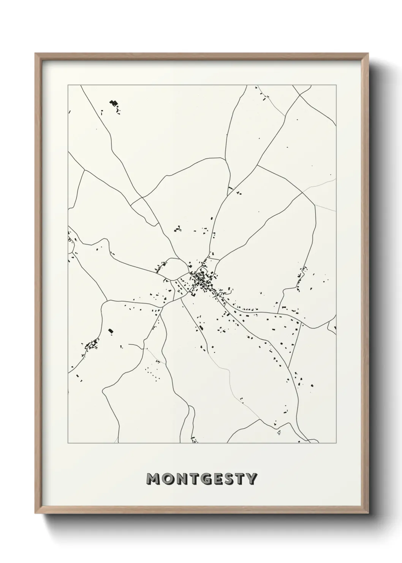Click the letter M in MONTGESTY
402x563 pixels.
pyautogui.click(x=155, y=479)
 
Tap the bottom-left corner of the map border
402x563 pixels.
pyautogui.click(x=68, y=443)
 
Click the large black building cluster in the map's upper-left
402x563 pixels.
pyautogui.click(x=113, y=103)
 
